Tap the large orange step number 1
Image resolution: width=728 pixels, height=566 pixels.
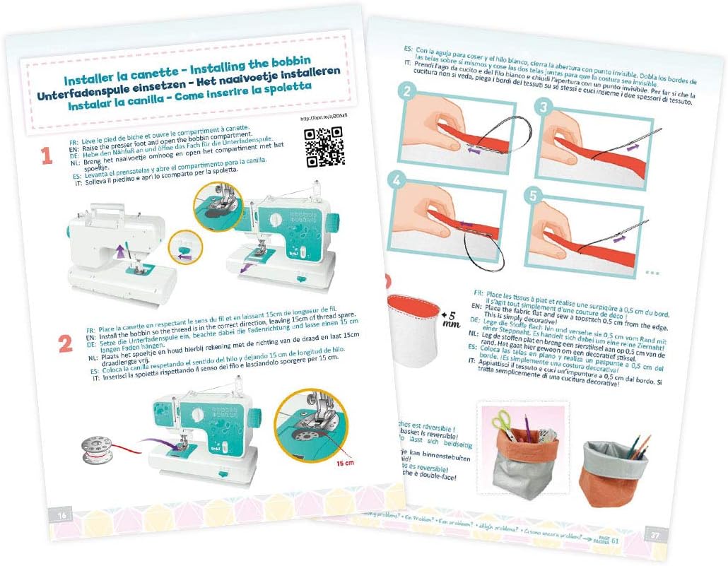tap(47, 156)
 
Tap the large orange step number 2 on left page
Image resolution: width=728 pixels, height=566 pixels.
tap(65, 343)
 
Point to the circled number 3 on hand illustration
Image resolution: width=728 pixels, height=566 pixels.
tap(544, 107)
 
